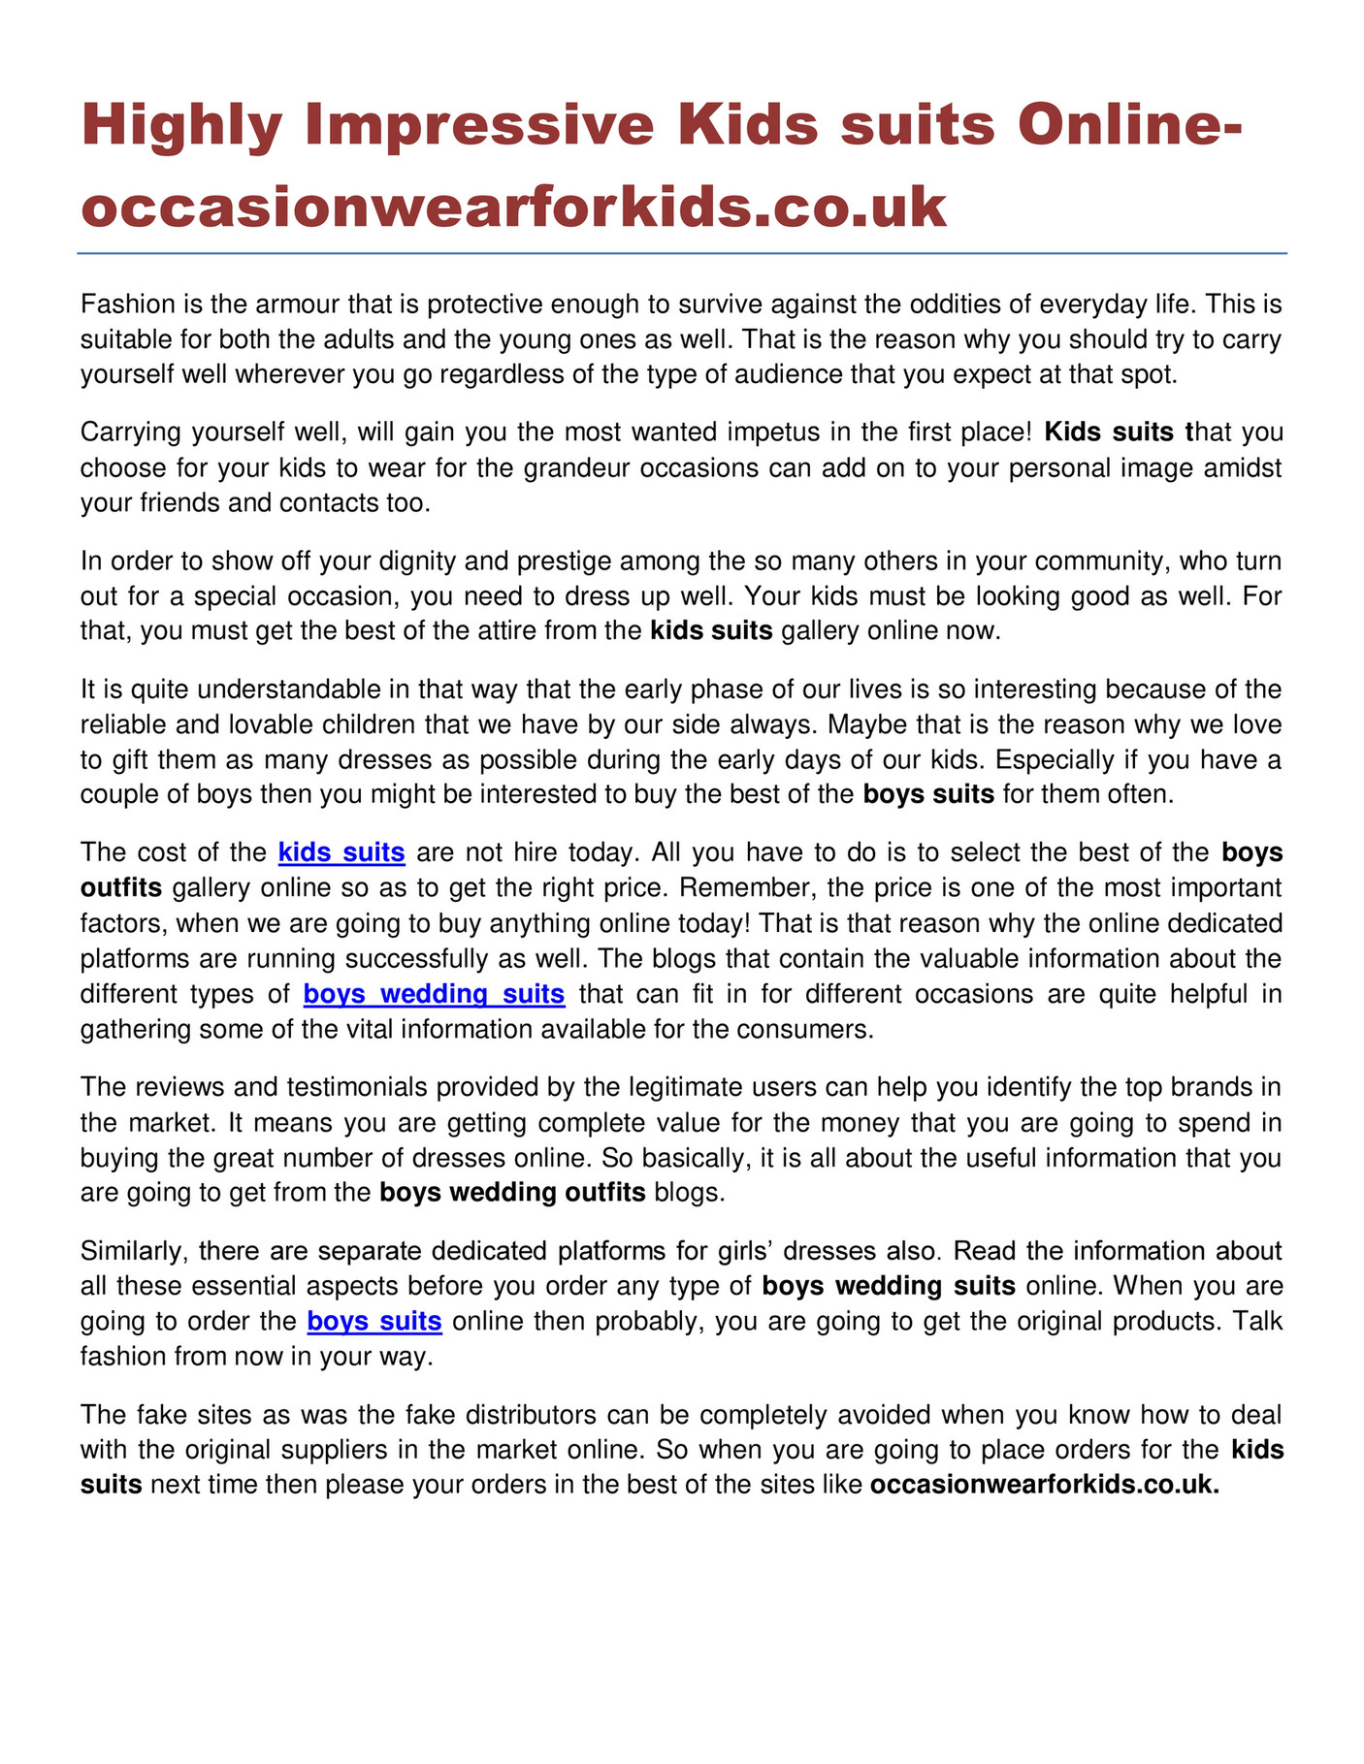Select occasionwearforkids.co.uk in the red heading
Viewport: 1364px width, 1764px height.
(x=513, y=207)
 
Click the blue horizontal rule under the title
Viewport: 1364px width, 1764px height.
(x=682, y=254)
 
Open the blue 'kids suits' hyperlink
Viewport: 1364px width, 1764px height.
(x=341, y=852)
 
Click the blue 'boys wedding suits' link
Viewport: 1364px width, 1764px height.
(x=434, y=994)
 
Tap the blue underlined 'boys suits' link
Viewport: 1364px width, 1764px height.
(x=374, y=1321)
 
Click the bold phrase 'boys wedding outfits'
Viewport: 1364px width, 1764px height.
(x=512, y=1192)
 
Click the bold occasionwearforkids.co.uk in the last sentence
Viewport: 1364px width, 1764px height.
(x=1044, y=1485)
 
